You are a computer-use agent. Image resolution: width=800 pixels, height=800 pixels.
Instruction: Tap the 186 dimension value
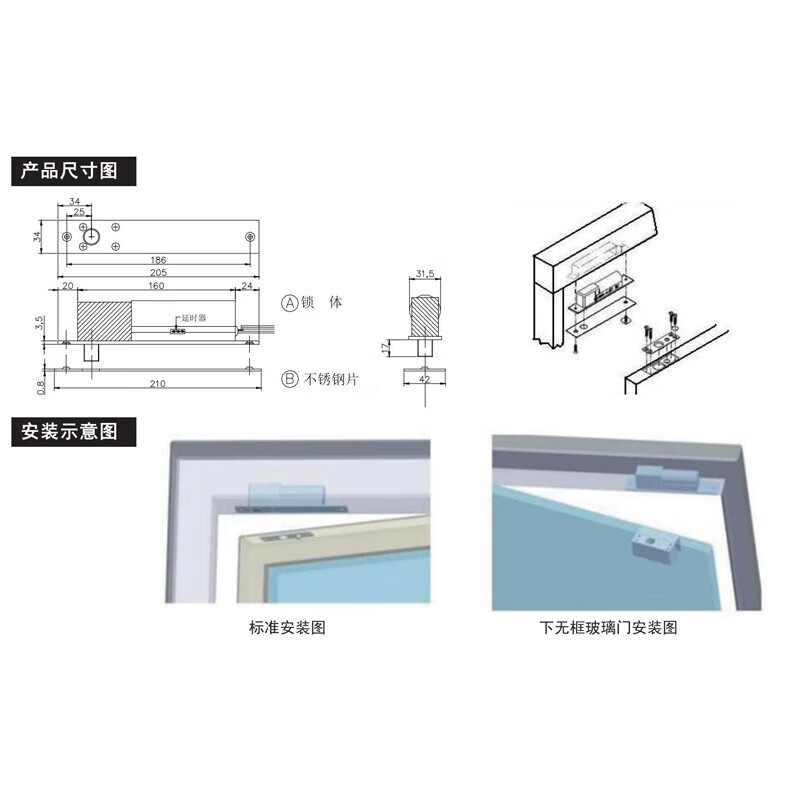[158, 259]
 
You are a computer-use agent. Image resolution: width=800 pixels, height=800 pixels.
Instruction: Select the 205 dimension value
[158, 274]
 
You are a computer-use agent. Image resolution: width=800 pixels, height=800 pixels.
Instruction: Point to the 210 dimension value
[158, 381]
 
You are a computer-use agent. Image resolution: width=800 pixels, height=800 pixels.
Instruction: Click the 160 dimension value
[157, 286]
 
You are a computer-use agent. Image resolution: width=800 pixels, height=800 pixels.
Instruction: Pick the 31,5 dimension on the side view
[424, 273]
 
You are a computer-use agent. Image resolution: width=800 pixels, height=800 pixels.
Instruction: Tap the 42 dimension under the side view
[424, 380]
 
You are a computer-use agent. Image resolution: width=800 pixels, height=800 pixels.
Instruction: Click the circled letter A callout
[290, 301]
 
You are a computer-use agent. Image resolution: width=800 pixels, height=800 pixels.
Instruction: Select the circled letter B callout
[290, 379]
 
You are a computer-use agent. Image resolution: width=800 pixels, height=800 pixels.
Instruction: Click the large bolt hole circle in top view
[92, 236]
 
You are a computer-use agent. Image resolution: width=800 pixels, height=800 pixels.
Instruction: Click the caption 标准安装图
[287, 628]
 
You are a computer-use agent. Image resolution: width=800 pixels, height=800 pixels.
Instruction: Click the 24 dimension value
[247, 286]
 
